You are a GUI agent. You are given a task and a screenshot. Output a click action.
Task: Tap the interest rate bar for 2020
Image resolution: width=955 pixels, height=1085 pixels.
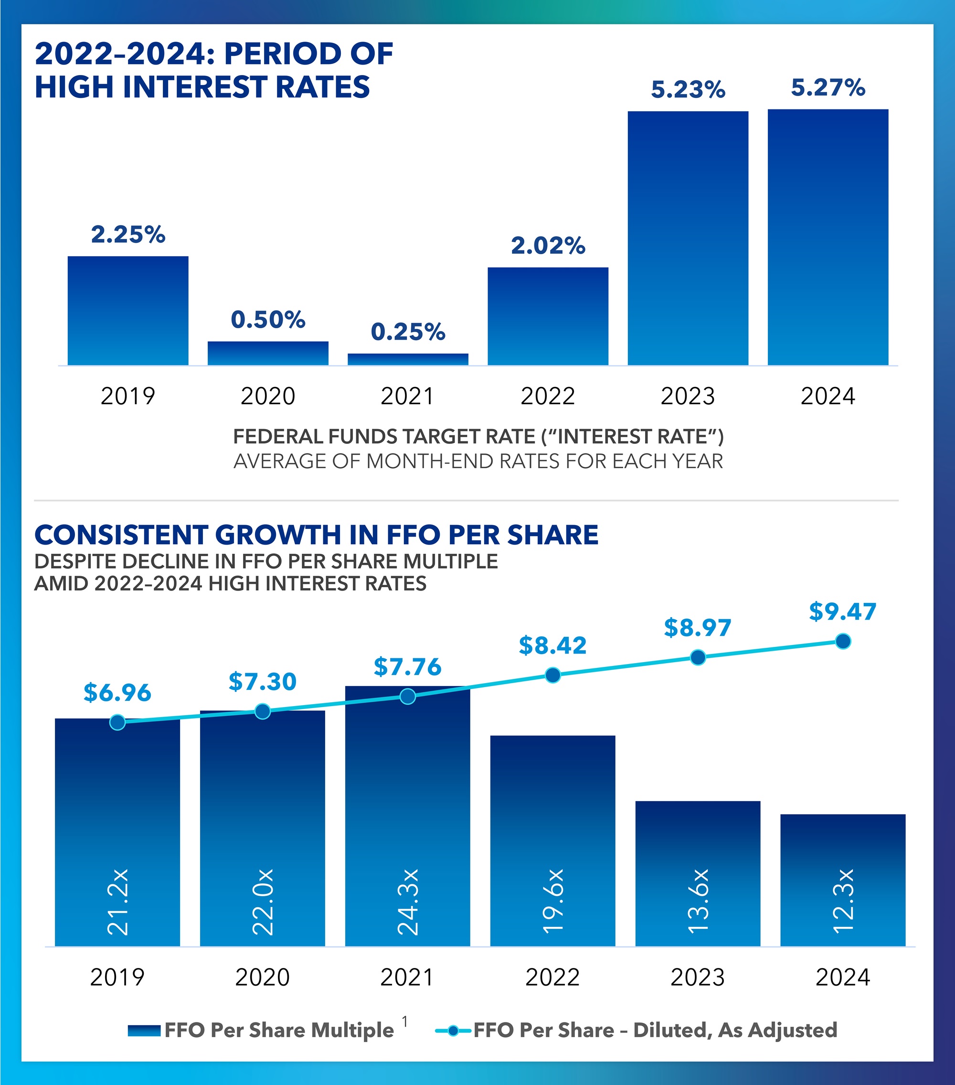click(x=268, y=353)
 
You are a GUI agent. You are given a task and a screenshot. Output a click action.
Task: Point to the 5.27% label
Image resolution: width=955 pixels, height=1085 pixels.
click(x=828, y=87)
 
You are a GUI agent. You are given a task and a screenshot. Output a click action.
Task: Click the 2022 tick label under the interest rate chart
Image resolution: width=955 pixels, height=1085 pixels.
click(x=548, y=396)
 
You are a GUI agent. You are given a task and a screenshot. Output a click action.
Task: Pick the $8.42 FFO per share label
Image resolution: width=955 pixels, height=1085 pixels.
click(x=552, y=645)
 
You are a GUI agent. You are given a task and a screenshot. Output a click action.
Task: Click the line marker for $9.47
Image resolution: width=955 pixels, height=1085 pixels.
click(x=842, y=641)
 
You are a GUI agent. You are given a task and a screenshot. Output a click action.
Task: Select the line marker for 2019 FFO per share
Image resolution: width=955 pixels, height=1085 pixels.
click(x=117, y=722)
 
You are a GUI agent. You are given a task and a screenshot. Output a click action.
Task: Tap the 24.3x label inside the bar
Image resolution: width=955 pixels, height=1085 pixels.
click(x=408, y=902)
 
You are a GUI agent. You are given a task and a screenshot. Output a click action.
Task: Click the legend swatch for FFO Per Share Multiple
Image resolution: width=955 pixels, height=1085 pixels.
click(x=144, y=1031)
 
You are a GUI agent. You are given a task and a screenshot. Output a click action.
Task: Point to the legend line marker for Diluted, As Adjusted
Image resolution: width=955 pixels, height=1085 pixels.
click(x=453, y=1031)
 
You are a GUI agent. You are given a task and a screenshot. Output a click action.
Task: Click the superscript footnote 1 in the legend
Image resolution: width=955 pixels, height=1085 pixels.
click(x=405, y=1021)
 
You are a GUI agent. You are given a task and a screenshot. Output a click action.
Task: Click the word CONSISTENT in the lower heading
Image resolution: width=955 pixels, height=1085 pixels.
click(x=120, y=535)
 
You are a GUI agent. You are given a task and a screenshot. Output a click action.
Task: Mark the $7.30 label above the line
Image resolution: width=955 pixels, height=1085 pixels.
click(x=262, y=682)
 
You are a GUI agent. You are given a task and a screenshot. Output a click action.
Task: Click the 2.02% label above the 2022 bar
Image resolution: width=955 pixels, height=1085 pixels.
click(x=548, y=246)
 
